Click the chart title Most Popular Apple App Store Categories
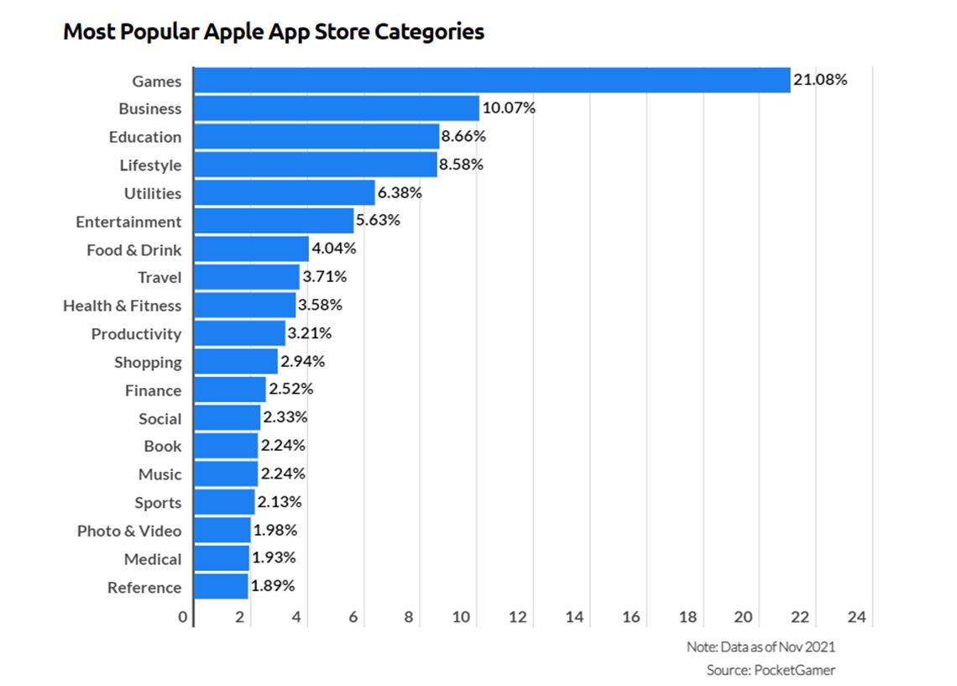[274, 32]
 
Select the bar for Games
[492, 81]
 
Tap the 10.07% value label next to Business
[509, 108]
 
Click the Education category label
[144, 137]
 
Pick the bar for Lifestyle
[316, 165]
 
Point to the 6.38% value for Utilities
[400, 193]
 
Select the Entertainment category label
[128, 222]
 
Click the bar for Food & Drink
[251, 249]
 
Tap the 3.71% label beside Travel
[325, 277]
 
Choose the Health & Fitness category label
[122, 306]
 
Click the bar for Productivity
[239, 333]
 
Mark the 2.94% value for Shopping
[302, 362]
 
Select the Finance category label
[153, 390]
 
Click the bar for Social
[227, 418]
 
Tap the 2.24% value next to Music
[283, 474]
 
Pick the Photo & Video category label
[128, 531]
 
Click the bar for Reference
[221, 587]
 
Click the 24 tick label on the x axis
[856, 617]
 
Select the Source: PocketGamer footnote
[771, 670]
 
